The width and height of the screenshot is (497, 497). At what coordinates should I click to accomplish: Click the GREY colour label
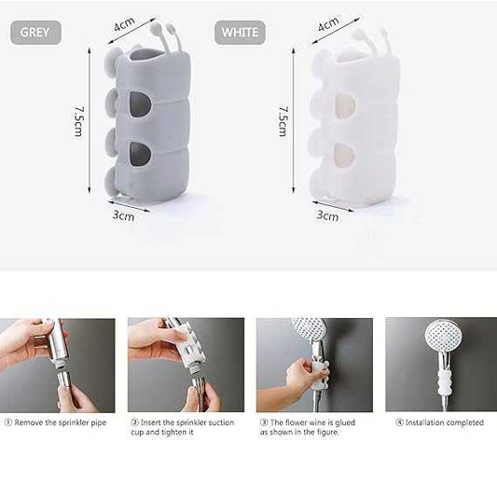(35, 33)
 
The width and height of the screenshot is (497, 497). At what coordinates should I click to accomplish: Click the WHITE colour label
(240, 33)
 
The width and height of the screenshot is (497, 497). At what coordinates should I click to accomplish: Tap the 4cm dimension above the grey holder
(125, 23)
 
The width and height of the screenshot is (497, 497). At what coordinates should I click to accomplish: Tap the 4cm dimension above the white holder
(328, 23)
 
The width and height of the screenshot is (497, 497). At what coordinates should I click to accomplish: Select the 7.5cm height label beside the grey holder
(78, 121)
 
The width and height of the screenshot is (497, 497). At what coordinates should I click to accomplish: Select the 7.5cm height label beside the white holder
(283, 121)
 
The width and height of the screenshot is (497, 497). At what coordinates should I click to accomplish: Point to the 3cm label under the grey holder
(123, 215)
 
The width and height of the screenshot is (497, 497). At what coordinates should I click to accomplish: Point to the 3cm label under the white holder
(327, 215)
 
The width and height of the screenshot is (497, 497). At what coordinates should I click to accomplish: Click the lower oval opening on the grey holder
(140, 154)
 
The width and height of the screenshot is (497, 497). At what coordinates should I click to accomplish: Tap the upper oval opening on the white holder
(344, 105)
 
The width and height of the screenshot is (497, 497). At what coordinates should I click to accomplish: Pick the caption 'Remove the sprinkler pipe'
(61, 422)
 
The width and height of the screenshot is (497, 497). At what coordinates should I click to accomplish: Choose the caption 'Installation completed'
(445, 422)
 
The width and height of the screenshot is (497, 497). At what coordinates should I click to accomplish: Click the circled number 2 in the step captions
(134, 422)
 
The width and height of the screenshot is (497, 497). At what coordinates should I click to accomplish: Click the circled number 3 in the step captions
(264, 422)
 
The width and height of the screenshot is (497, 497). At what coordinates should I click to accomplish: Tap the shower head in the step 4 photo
(444, 336)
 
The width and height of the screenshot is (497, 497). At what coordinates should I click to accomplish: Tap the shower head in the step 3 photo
(310, 330)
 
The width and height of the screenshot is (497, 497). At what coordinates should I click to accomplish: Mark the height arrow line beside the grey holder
(90, 120)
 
